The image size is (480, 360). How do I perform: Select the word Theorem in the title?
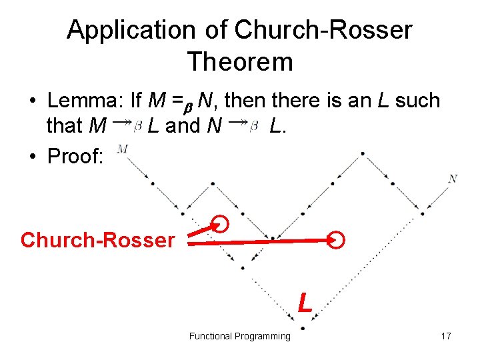[240, 62]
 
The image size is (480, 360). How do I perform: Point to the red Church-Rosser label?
[97, 240]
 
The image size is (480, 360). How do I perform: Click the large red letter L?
[305, 301]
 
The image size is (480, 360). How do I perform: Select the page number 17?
[446, 336]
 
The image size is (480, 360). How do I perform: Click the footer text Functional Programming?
[240, 336]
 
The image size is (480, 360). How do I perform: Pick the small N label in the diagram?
[453, 178]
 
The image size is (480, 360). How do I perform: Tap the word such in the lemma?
[418, 101]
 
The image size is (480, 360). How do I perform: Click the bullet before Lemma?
[32, 101]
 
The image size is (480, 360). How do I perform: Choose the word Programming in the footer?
[261, 336]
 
